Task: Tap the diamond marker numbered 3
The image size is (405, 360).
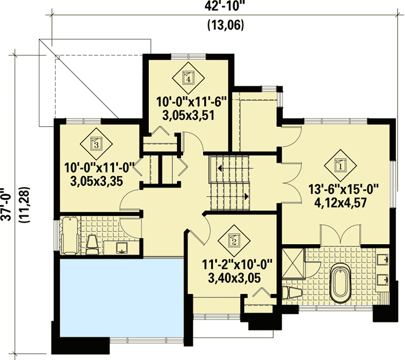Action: pos(97,143)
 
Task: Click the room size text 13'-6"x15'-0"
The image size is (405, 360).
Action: pos(344,189)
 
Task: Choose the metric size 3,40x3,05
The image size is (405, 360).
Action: pos(234,277)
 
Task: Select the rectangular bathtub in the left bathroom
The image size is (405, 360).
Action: pos(69,236)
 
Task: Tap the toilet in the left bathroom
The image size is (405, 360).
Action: pos(93,245)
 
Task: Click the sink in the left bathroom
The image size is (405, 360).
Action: pos(123,248)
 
